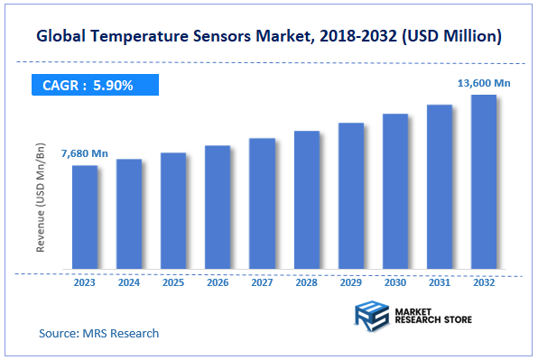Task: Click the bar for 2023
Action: [85, 217]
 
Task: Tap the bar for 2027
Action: [262, 204]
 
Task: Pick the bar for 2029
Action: [351, 196]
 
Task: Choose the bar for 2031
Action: [440, 187]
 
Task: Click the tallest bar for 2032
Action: [484, 182]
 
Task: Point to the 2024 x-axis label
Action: [129, 282]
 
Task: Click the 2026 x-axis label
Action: [218, 282]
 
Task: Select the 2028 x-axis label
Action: [307, 282]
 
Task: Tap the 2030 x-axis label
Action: [395, 282]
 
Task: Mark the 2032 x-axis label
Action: [484, 282]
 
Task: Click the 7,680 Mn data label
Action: [84, 153]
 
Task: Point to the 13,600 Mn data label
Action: [485, 82]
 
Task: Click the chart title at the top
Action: [269, 37]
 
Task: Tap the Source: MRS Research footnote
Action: [98, 333]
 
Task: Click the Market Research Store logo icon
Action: [371, 317]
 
